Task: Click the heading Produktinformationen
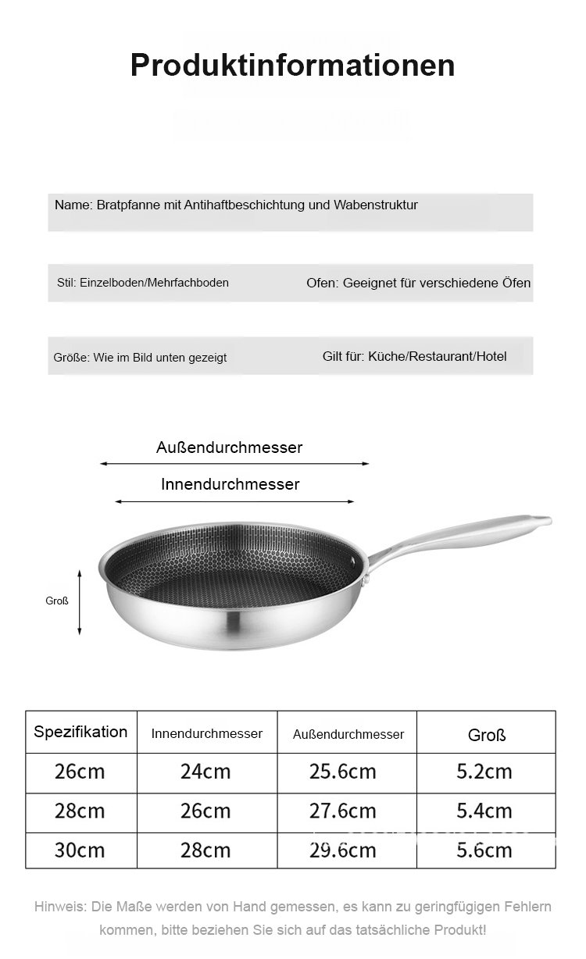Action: click(x=292, y=65)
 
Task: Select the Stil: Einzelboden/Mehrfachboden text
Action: click(x=143, y=283)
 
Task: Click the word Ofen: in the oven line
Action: click(x=323, y=283)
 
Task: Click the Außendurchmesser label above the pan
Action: click(x=229, y=447)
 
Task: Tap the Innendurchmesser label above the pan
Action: click(x=230, y=484)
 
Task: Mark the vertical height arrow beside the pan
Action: click(x=80, y=601)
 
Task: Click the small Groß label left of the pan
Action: click(x=56, y=601)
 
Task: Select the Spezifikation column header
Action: click(x=80, y=732)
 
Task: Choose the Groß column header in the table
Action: click(x=486, y=735)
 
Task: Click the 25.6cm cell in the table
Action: click(x=342, y=772)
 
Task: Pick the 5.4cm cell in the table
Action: click(x=484, y=811)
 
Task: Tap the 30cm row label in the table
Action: click(x=80, y=850)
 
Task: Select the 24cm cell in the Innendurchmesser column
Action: click(x=205, y=772)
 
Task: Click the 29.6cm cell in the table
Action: click(x=342, y=850)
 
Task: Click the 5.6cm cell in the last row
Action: click(x=484, y=850)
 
